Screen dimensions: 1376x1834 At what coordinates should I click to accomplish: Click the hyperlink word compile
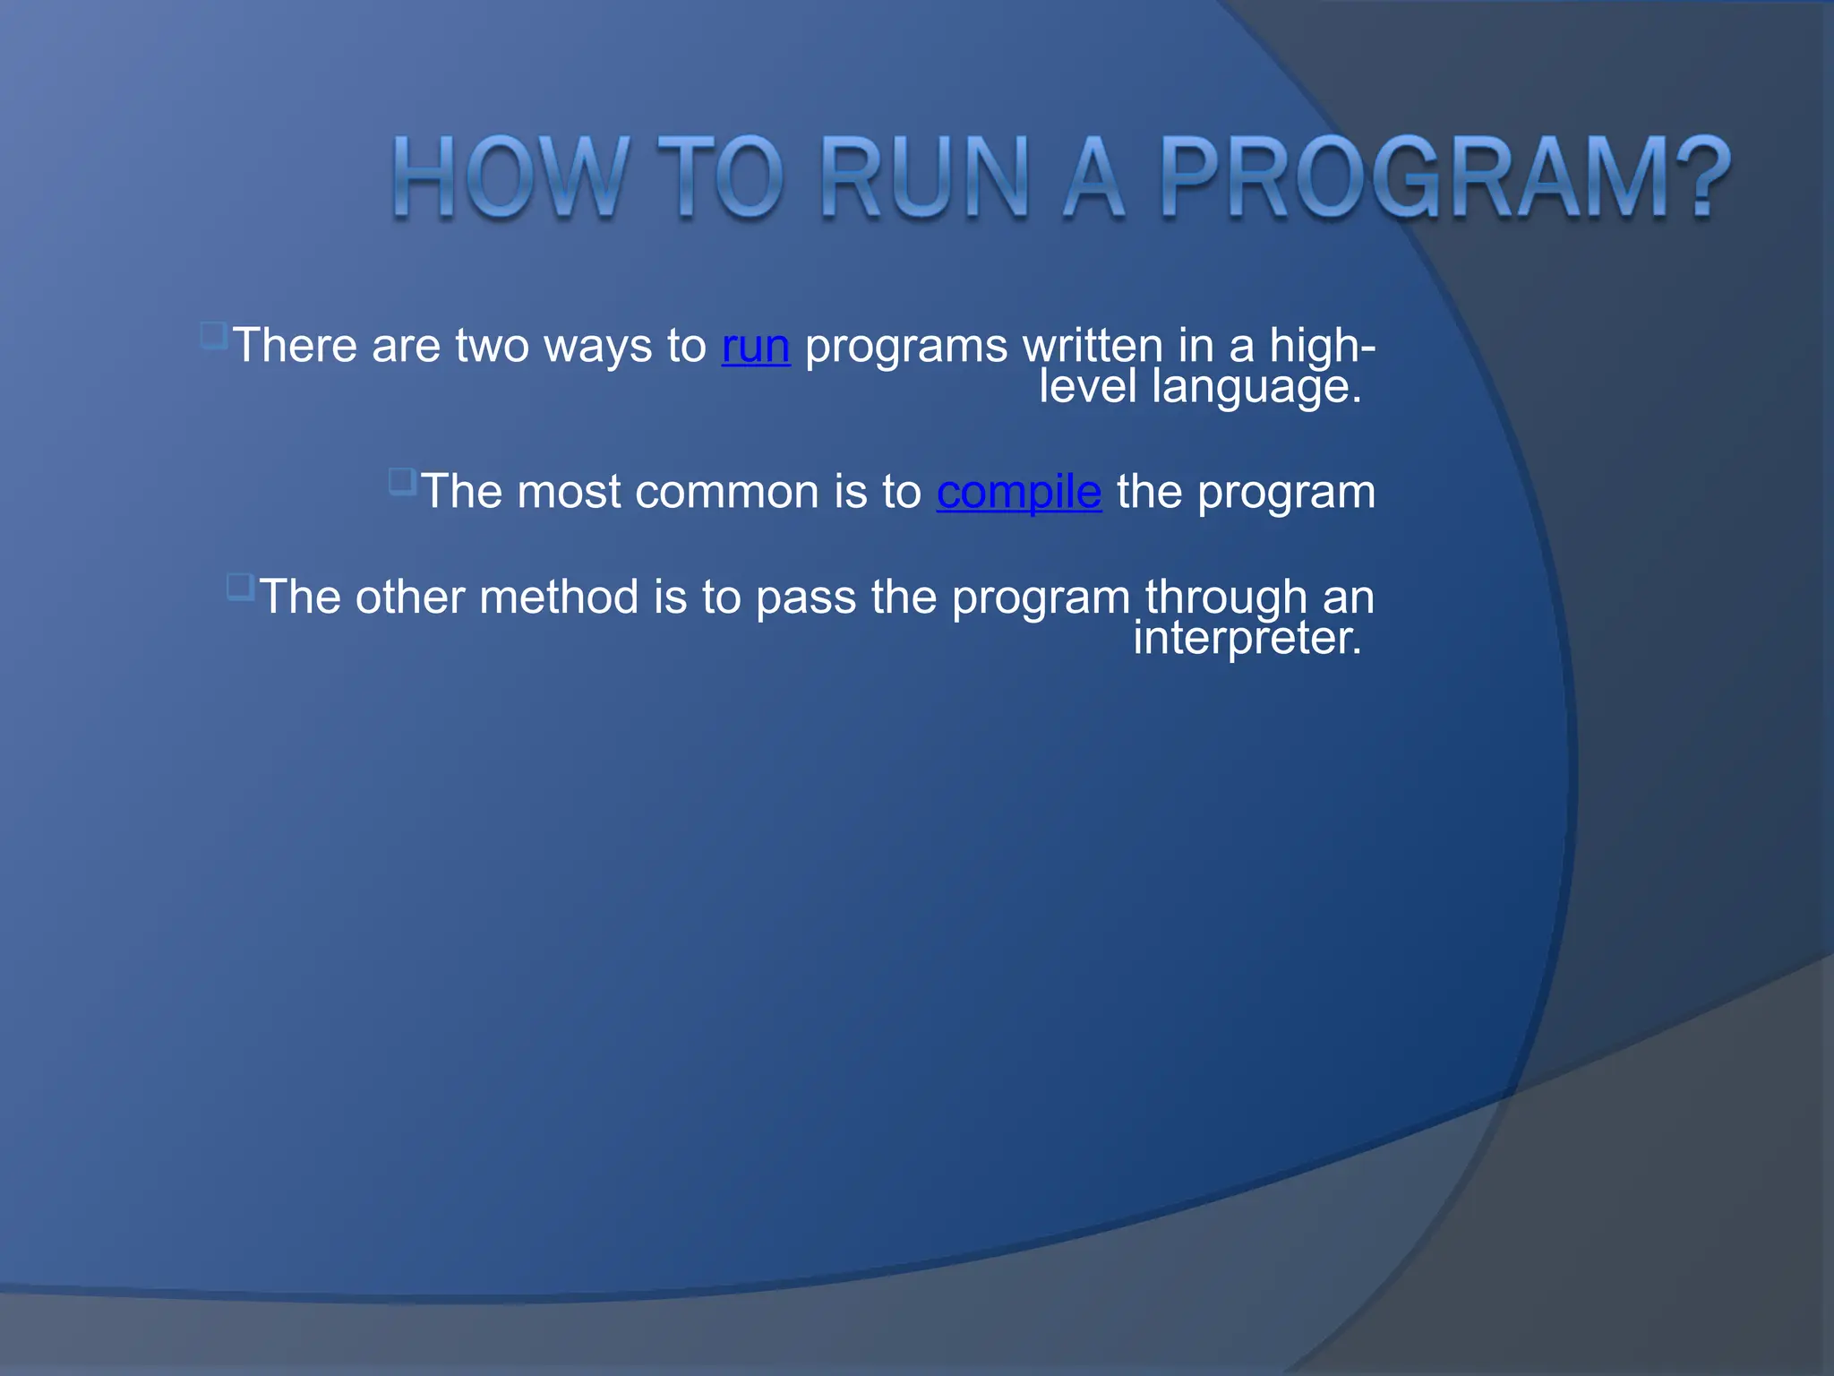[1018, 493]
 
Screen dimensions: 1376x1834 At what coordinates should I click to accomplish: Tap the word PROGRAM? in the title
[1444, 177]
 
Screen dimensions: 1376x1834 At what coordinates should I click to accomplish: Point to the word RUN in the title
[924, 177]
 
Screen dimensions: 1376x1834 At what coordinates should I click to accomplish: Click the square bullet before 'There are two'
[213, 336]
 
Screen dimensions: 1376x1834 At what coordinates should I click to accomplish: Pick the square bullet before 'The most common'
[402, 482]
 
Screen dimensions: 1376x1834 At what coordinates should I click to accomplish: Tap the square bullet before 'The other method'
[240, 587]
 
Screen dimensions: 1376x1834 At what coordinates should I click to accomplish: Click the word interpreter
[1247, 638]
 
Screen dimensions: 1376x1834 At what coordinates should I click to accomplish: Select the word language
[1256, 387]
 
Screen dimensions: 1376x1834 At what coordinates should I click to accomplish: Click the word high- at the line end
[1322, 346]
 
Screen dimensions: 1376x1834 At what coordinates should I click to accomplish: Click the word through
[1226, 598]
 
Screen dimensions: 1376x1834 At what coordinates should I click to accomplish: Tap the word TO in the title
[721, 177]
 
